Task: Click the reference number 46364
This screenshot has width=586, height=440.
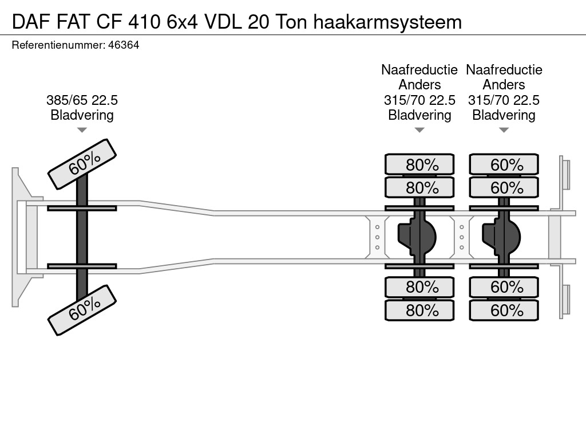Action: [124, 45]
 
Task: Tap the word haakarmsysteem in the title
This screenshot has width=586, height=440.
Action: [387, 22]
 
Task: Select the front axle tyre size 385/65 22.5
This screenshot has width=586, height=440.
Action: [82, 100]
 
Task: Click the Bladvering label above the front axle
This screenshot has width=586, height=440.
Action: [82, 115]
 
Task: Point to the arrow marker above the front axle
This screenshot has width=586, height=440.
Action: [82, 130]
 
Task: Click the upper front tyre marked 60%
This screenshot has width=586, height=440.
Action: [82, 164]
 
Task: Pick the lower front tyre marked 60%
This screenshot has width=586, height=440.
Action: [82, 310]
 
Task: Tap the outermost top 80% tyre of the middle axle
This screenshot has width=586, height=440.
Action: [419, 164]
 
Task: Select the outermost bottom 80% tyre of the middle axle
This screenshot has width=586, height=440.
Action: [419, 310]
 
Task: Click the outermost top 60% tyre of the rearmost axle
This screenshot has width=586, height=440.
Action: [504, 164]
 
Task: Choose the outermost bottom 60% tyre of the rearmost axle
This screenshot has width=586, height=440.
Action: [504, 310]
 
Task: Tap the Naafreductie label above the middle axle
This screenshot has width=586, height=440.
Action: [419, 70]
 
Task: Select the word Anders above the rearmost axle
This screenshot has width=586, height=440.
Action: [504, 85]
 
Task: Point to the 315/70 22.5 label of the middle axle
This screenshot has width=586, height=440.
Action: [419, 100]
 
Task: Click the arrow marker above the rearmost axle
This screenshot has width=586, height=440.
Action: [504, 130]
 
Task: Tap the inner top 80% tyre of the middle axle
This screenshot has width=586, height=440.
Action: [419, 187]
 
